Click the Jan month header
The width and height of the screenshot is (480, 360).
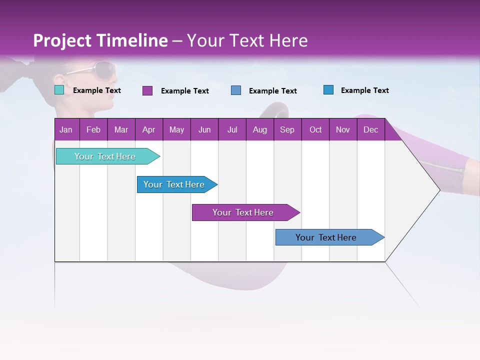pos(66,129)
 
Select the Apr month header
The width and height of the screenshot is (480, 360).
pos(148,129)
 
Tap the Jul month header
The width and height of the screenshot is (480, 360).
pos(232,129)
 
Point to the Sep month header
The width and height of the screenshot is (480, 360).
pos(287,129)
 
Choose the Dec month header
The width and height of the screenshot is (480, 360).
pos(370,129)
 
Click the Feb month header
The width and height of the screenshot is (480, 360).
pos(93,129)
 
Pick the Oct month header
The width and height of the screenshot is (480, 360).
pos(315,129)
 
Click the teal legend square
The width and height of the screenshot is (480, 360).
pos(59,90)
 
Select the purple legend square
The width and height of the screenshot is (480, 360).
pos(147,90)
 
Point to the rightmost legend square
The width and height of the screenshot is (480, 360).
pos(328,90)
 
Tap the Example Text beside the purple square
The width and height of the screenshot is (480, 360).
pos(184,91)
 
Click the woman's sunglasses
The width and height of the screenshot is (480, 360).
pos(100,69)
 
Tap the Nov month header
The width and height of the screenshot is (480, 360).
pos(343,129)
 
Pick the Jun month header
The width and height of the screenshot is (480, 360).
pos(204,129)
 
